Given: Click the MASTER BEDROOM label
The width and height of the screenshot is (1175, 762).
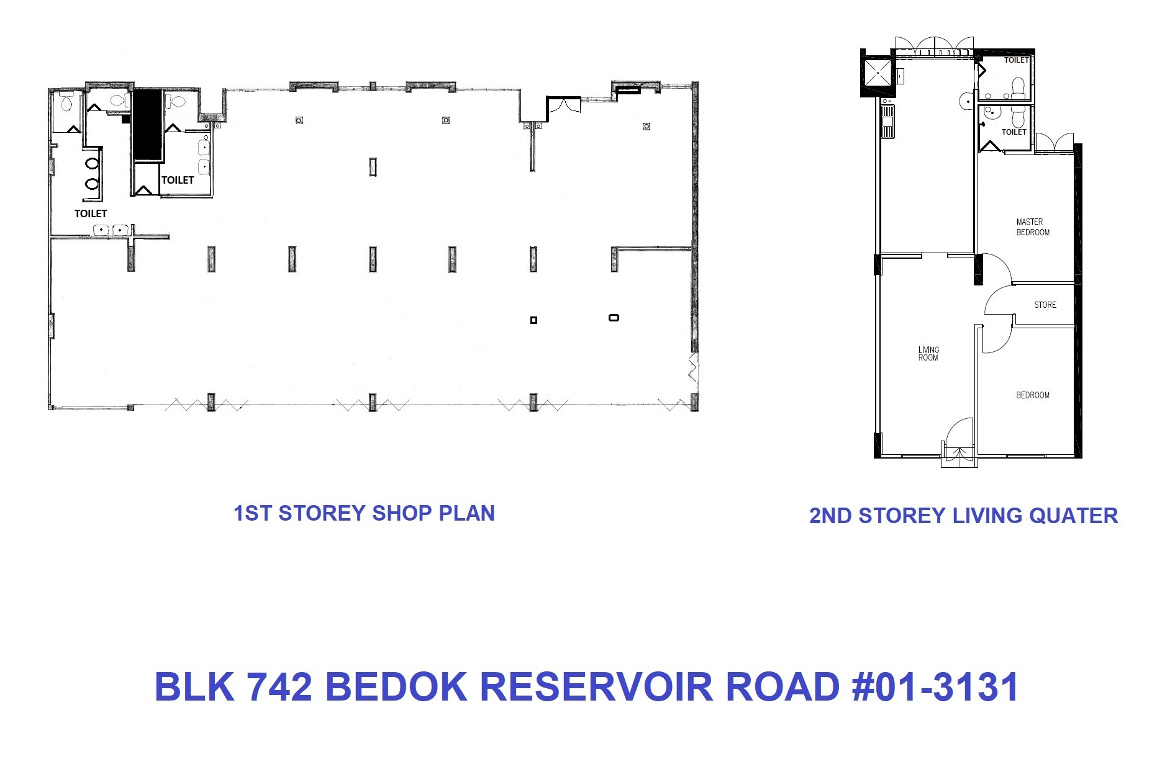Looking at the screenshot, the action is point(1033,227).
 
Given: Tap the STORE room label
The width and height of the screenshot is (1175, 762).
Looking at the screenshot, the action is point(1045,305).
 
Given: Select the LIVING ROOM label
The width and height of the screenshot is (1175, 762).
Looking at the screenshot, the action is point(928,354).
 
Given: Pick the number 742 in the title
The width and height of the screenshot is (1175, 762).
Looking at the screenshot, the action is point(279,687).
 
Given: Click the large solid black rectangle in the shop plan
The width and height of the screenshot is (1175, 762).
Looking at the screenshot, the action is point(148,125).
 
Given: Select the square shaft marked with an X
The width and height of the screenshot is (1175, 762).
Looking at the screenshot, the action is point(878,73).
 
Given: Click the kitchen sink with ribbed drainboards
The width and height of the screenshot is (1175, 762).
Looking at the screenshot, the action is point(888,122).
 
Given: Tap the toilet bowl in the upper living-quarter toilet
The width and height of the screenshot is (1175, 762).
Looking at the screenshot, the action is point(1018,87).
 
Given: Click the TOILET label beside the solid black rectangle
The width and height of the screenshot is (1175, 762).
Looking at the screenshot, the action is point(178,180).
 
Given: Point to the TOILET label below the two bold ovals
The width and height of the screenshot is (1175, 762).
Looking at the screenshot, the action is point(91,213).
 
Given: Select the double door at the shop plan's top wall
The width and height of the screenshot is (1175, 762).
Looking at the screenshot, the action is point(563,104).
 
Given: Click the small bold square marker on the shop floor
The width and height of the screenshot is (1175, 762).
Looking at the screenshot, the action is point(533,320).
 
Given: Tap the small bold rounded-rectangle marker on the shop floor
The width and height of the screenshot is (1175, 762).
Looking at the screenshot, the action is point(614,318).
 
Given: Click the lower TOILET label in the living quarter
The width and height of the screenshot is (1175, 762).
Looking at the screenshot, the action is point(1014,132).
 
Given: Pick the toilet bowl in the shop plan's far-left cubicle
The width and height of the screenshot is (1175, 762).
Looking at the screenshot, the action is point(66,103).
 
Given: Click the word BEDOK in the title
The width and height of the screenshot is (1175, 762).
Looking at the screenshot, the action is point(396,687).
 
